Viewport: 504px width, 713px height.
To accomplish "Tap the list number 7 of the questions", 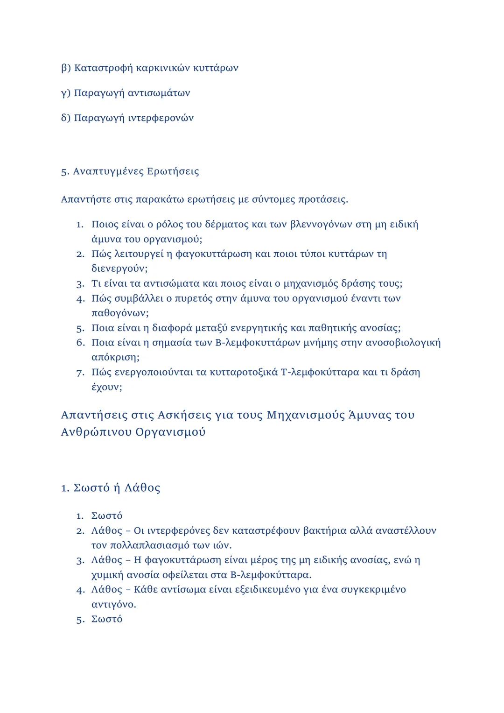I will (x=80, y=373).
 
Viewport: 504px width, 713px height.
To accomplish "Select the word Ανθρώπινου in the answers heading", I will (x=97, y=432).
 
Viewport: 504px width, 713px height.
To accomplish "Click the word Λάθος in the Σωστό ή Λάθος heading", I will (x=143, y=488).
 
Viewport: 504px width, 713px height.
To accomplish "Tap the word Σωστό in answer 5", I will (x=107, y=619).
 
